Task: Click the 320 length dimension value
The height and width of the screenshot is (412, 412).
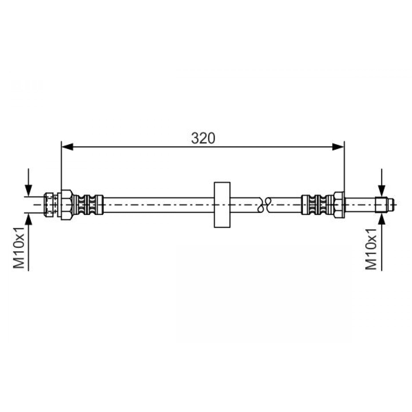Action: click(203, 138)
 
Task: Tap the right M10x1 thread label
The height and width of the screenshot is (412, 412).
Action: click(371, 249)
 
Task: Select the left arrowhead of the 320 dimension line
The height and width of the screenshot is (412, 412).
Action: click(67, 147)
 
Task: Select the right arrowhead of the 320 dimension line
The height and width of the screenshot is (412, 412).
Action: click(338, 147)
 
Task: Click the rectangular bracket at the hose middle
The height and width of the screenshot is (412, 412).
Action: click(222, 205)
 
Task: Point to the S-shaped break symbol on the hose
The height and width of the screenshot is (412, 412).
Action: click(264, 205)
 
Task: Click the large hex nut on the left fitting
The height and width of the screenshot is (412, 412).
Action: click(67, 205)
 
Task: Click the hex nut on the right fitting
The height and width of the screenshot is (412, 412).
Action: click(339, 205)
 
